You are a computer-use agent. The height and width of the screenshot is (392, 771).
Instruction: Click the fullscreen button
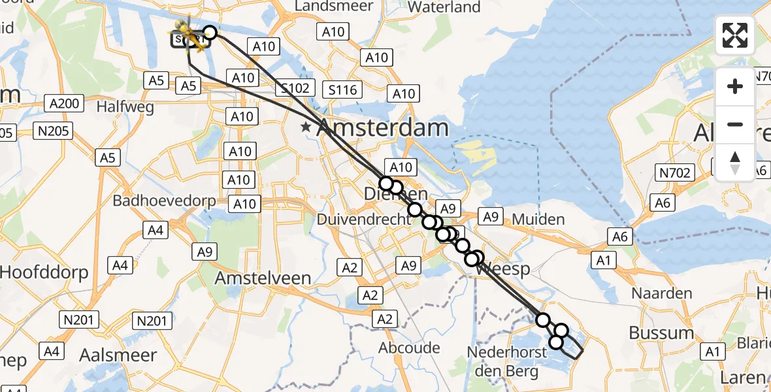point(735,35)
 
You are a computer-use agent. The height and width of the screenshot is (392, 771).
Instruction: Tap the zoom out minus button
point(735,124)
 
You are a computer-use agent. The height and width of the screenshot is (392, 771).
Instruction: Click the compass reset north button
point(735,163)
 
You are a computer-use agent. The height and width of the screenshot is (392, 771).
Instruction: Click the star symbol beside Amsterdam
point(306,127)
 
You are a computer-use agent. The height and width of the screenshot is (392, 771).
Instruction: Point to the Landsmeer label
point(334,6)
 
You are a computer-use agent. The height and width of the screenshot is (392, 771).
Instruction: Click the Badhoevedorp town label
point(165,201)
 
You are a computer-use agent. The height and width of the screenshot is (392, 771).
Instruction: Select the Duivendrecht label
point(363,220)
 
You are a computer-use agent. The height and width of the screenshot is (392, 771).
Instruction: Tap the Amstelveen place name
point(263,278)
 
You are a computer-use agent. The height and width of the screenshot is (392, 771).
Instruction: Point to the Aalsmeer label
point(118,355)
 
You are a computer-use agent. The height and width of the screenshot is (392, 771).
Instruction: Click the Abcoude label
point(410,348)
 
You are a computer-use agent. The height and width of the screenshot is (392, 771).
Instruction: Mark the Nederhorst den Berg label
point(502,362)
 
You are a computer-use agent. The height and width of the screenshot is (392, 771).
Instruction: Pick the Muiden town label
point(538,219)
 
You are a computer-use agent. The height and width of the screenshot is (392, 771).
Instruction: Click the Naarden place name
point(661,293)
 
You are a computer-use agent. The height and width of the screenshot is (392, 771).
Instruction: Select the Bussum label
point(661,333)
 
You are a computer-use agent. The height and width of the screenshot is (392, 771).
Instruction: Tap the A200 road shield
point(63,103)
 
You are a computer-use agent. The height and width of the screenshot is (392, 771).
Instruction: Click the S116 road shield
point(343,90)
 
